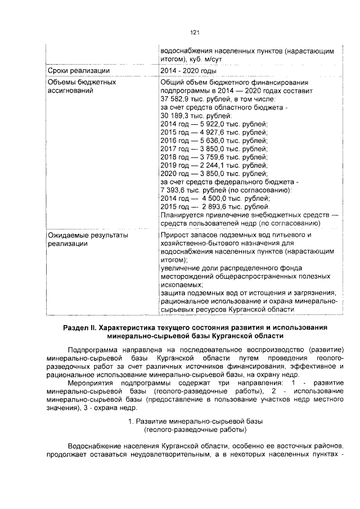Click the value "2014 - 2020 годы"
[x=188, y=71]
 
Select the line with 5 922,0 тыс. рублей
[x=214, y=124]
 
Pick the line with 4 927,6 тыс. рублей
[x=214, y=132]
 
